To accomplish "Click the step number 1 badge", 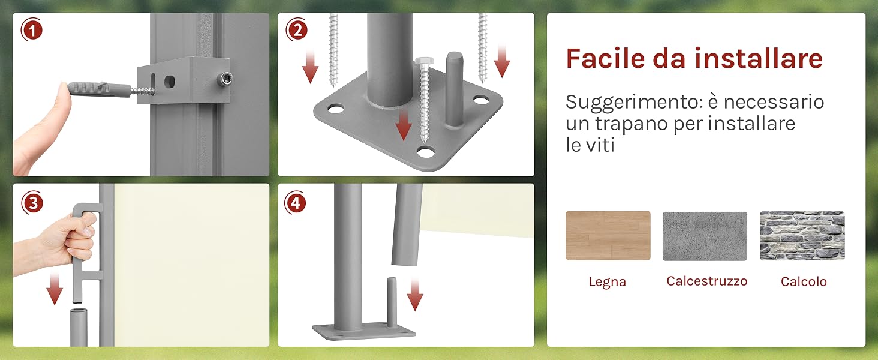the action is pyautogui.click(x=32, y=30).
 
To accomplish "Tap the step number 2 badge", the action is pyautogui.click(x=297, y=30).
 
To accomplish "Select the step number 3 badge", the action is pyautogui.click(x=32, y=203).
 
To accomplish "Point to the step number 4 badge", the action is pyautogui.click(x=296, y=203).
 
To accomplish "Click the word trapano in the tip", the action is pyautogui.click(x=631, y=124).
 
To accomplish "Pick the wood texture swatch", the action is pyautogui.click(x=608, y=236).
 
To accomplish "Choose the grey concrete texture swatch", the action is pyautogui.click(x=705, y=236).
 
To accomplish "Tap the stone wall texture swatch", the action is pyautogui.click(x=802, y=236).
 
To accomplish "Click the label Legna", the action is pyautogui.click(x=608, y=282).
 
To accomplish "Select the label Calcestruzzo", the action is pyautogui.click(x=707, y=281).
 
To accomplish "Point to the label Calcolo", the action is pyautogui.click(x=804, y=281).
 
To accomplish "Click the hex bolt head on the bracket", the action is pyautogui.click(x=225, y=79).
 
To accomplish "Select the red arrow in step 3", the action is pyautogui.click(x=55, y=289).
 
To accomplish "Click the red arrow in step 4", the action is pyautogui.click(x=415, y=294).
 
